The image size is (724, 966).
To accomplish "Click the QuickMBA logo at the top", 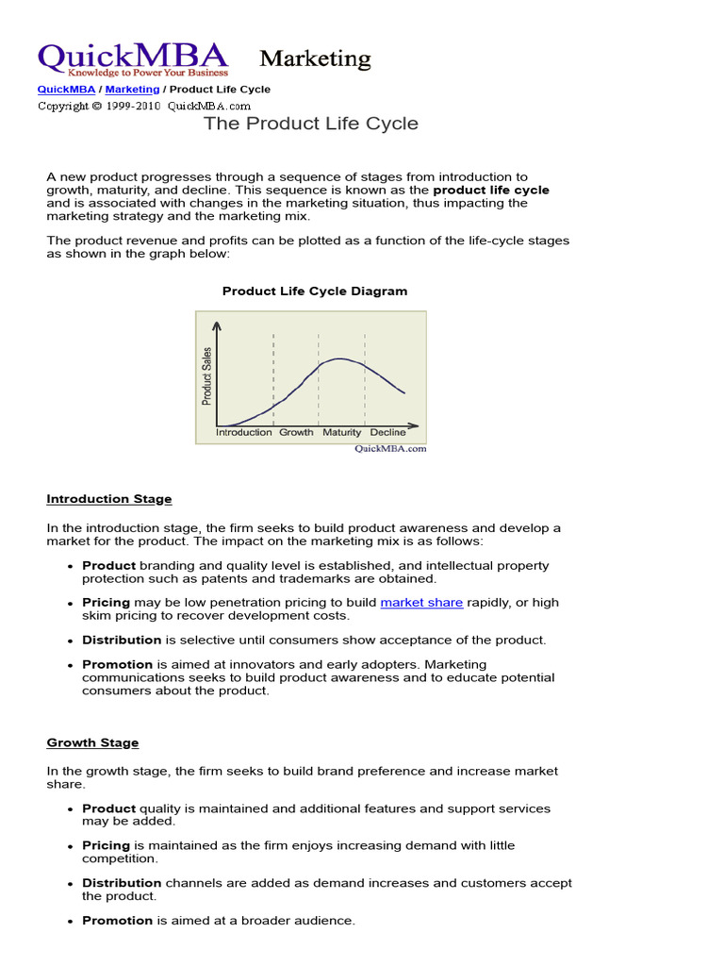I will (x=132, y=58).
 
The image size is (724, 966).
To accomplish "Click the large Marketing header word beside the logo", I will (x=315, y=59).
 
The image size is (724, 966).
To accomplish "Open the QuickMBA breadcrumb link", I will (x=65, y=90).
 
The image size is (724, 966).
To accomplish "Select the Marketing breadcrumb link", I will (x=132, y=90).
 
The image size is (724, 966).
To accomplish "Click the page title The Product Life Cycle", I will (x=311, y=124).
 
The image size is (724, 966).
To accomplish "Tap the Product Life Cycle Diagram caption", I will (x=315, y=291).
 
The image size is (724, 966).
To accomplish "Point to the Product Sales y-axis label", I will (x=207, y=376).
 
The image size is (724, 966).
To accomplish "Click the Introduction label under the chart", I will (x=244, y=433).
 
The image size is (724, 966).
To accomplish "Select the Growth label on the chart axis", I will (x=296, y=433).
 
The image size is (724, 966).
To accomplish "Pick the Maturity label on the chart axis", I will (x=341, y=433).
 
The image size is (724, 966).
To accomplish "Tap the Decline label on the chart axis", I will (x=387, y=433).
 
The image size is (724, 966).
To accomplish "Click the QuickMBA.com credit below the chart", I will (x=390, y=449).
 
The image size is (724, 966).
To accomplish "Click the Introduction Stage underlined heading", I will (x=109, y=499).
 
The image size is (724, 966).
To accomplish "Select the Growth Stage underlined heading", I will (x=92, y=743).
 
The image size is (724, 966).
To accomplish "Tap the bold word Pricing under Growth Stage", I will (x=107, y=846).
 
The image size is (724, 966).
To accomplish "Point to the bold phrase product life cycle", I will (x=491, y=190).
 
